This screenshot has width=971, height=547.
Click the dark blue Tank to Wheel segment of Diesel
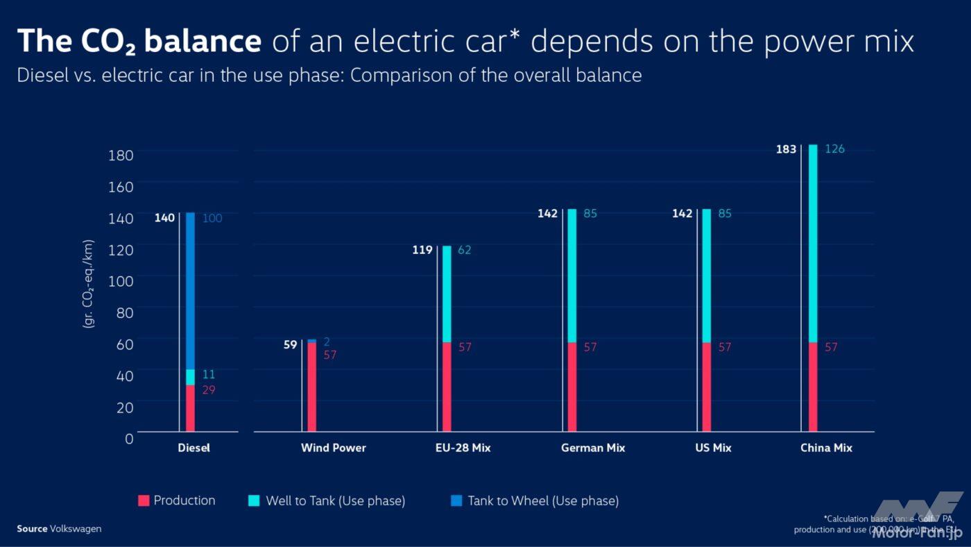(x=190, y=291)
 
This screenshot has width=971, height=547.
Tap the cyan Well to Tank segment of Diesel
(x=190, y=377)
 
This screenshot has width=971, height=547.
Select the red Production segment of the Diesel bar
(x=190, y=408)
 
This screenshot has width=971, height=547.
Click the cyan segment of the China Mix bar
(x=813, y=243)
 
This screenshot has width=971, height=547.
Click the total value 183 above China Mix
(x=786, y=149)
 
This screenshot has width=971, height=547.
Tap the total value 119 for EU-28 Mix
(x=422, y=250)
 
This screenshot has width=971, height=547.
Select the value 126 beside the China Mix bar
(x=834, y=149)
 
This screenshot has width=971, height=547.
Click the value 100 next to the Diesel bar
(x=212, y=219)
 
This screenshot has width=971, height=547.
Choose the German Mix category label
(x=593, y=448)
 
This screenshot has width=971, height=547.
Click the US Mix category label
(x=713, y=448)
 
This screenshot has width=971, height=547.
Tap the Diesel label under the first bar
(x=194, y=448)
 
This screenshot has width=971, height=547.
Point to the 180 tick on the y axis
(x=121, y=155)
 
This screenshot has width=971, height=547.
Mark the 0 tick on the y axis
(x=129, y=438)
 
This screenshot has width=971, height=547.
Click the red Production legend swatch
(x=144, y=500)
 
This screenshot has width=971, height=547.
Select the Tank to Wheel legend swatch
(x=456, y=500)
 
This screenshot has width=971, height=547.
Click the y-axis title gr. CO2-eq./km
(x=88, y=284)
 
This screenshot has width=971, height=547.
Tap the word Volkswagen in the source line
(x=76, y=529)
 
